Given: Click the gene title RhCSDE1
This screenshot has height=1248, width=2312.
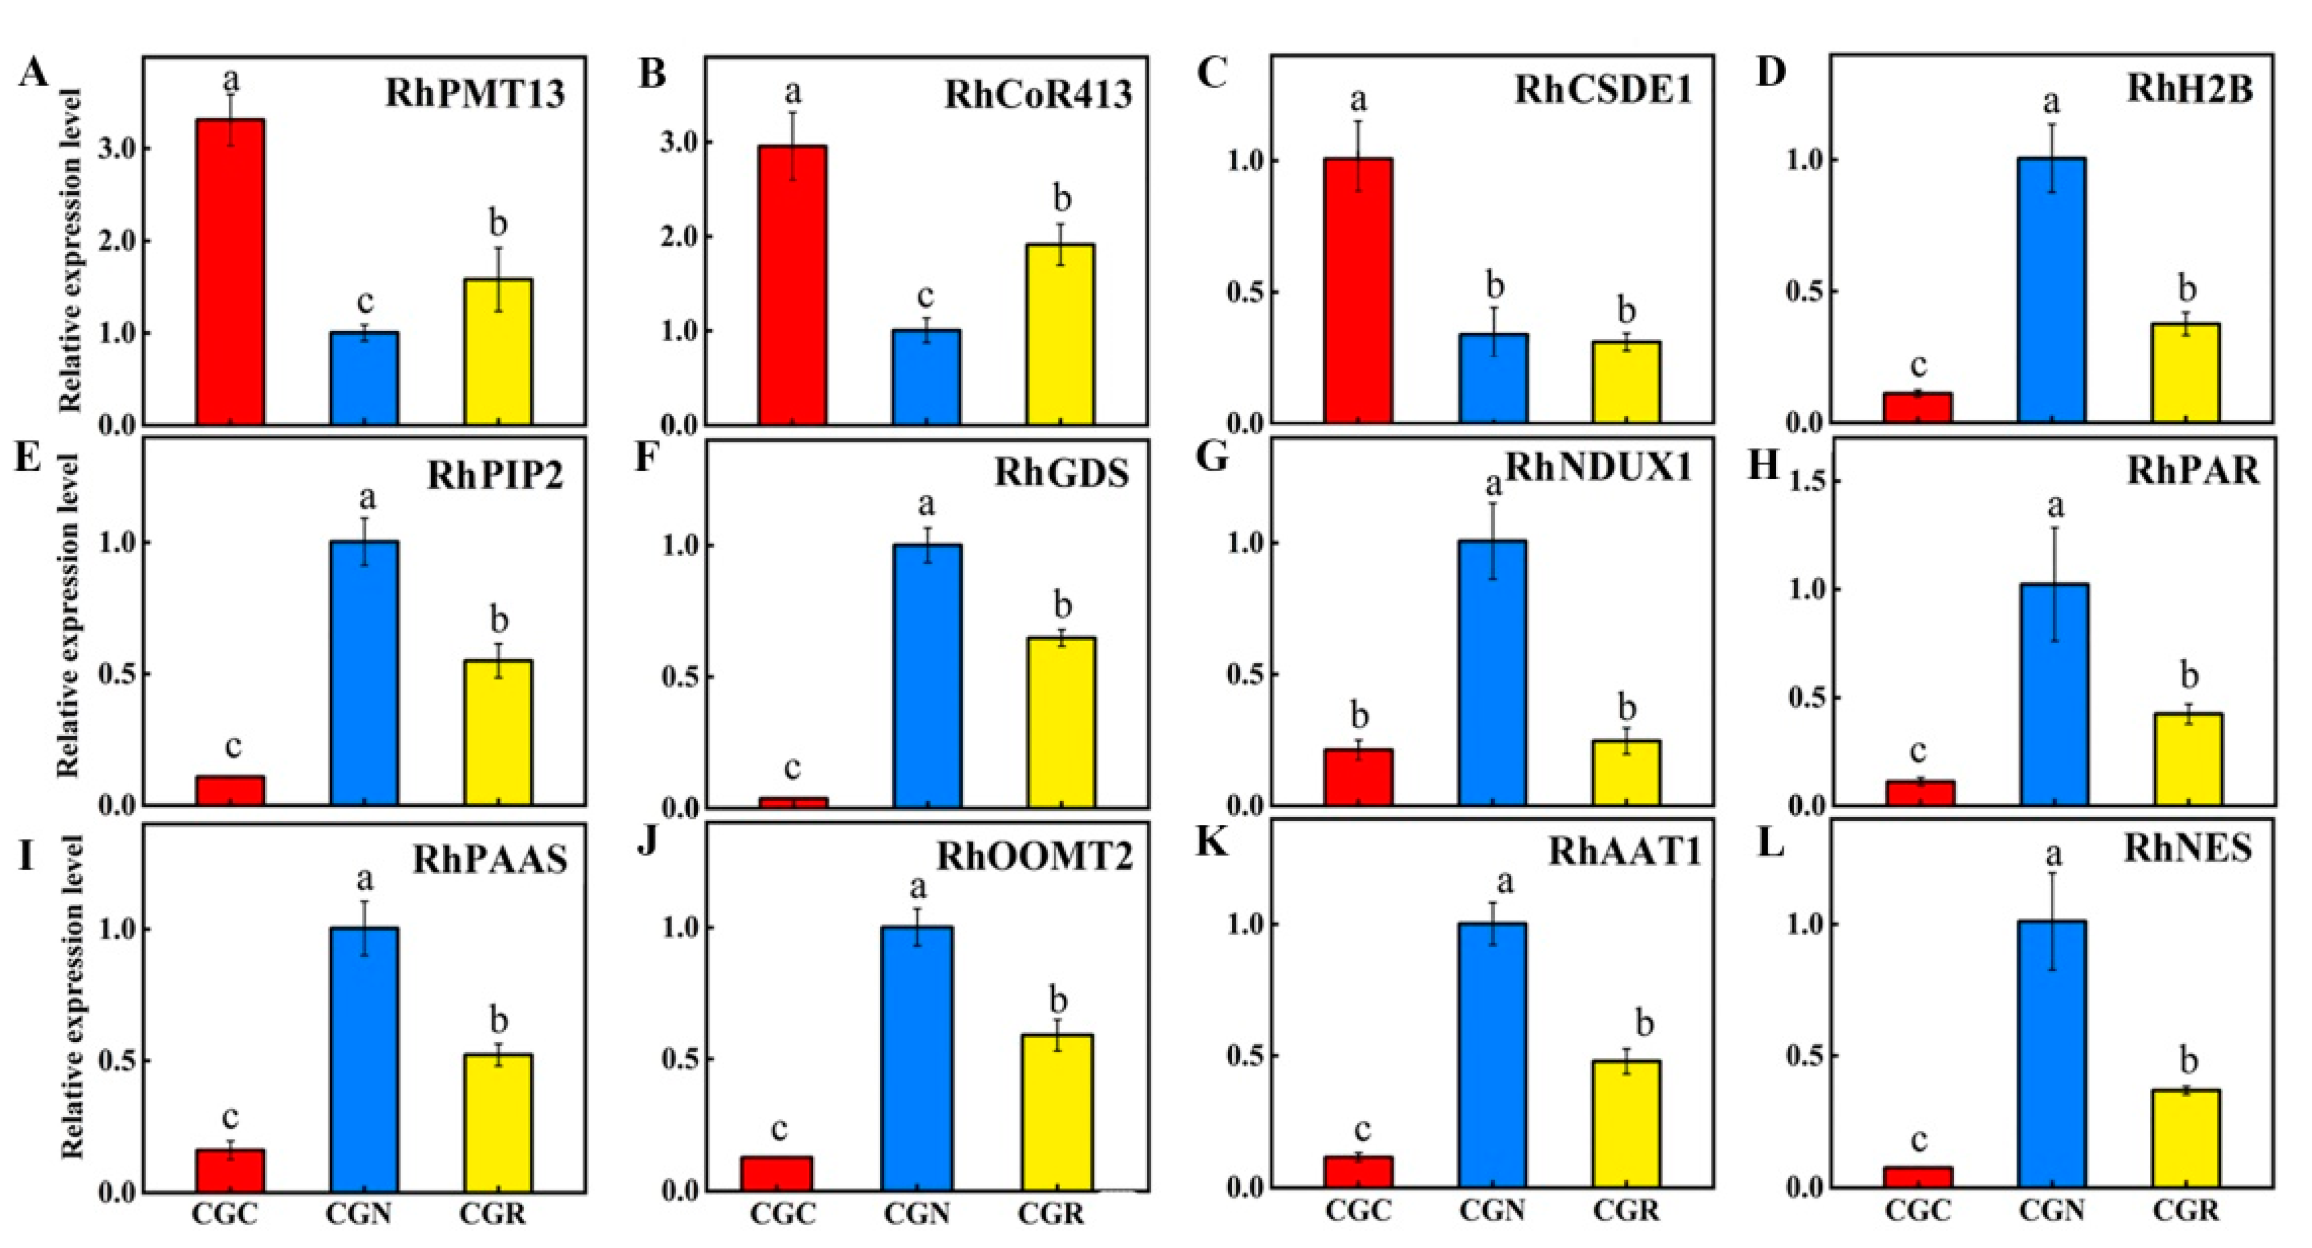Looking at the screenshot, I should click(x=1603, y=91).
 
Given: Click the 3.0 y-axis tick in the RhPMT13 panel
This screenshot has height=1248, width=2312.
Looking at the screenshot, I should click(x=119, y=148).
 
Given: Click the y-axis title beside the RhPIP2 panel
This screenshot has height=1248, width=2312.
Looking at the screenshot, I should click(x=69, y=615).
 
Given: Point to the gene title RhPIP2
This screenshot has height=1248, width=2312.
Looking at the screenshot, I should click(x=494, y=475).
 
